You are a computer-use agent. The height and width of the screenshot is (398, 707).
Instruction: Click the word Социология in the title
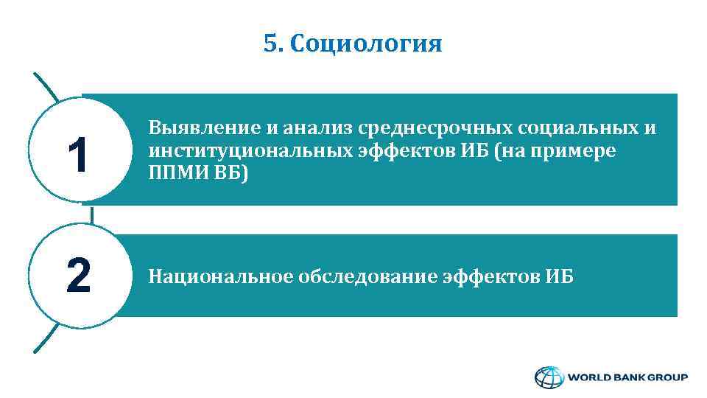[366, 45]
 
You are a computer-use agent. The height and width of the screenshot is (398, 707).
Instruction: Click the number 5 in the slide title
[270, 45]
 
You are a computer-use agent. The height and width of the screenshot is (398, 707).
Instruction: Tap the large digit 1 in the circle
[79, 156]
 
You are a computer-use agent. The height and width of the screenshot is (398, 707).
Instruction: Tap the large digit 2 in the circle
[79, 275]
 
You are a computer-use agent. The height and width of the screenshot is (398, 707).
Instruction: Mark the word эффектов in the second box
[493, 277]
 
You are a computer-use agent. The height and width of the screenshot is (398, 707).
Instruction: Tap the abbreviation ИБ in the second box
[560, 277]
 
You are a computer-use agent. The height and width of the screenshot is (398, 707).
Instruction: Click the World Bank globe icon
[548, 378]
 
